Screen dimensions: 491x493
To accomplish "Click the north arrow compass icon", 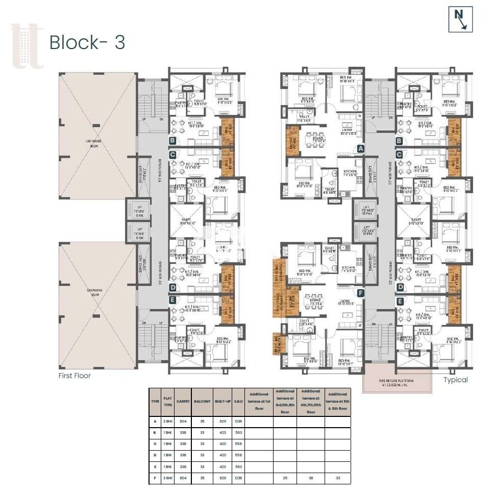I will coord(461,19).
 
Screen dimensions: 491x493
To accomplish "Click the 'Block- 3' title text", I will coord(87,43).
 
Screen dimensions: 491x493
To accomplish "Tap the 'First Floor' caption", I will coord(75,376).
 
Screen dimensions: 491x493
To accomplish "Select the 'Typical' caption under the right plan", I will coord(455,380).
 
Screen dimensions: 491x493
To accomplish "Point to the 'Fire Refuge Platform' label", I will coord(396,381).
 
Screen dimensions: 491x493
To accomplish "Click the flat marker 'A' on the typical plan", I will coord(360,149).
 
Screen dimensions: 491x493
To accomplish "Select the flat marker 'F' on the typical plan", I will coord(360,293).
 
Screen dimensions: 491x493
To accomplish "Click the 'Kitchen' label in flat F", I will coord(348,268).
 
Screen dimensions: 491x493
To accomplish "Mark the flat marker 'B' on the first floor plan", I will coord(172,140).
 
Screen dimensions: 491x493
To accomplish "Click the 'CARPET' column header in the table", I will coord(183,402).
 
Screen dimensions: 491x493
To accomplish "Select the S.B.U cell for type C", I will coord(238,443).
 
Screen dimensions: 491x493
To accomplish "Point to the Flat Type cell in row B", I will coord(167,432).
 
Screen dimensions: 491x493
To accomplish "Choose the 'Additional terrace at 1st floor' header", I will coord(259,402).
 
